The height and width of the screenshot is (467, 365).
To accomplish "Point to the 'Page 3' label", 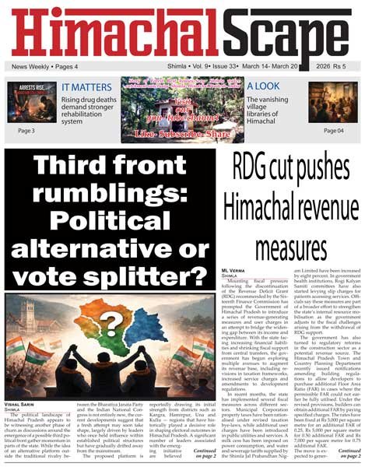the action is (x=26, y=131).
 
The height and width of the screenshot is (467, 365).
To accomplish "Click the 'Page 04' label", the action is (x=333, y=131).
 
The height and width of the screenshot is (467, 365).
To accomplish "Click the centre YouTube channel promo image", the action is (x=182, y=108).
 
